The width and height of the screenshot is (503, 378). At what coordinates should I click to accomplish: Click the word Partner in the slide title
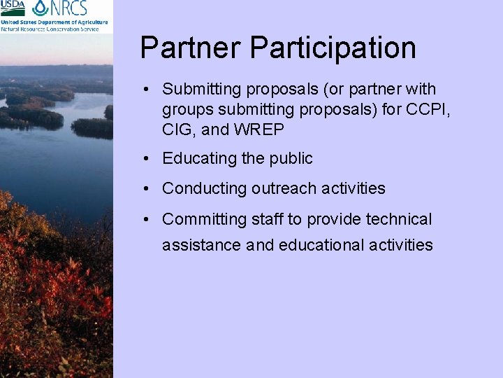coord(190,48)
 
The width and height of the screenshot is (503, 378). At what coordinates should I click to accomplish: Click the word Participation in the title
coord(333,48)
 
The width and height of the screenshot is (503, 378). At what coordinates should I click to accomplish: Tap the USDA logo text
coord(13,8)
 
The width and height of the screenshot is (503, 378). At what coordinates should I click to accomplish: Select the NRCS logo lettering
coord(68,8)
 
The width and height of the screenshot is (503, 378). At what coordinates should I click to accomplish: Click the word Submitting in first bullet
coord(198,90)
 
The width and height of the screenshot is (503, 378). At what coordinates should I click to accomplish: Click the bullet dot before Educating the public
coord(147,160)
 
